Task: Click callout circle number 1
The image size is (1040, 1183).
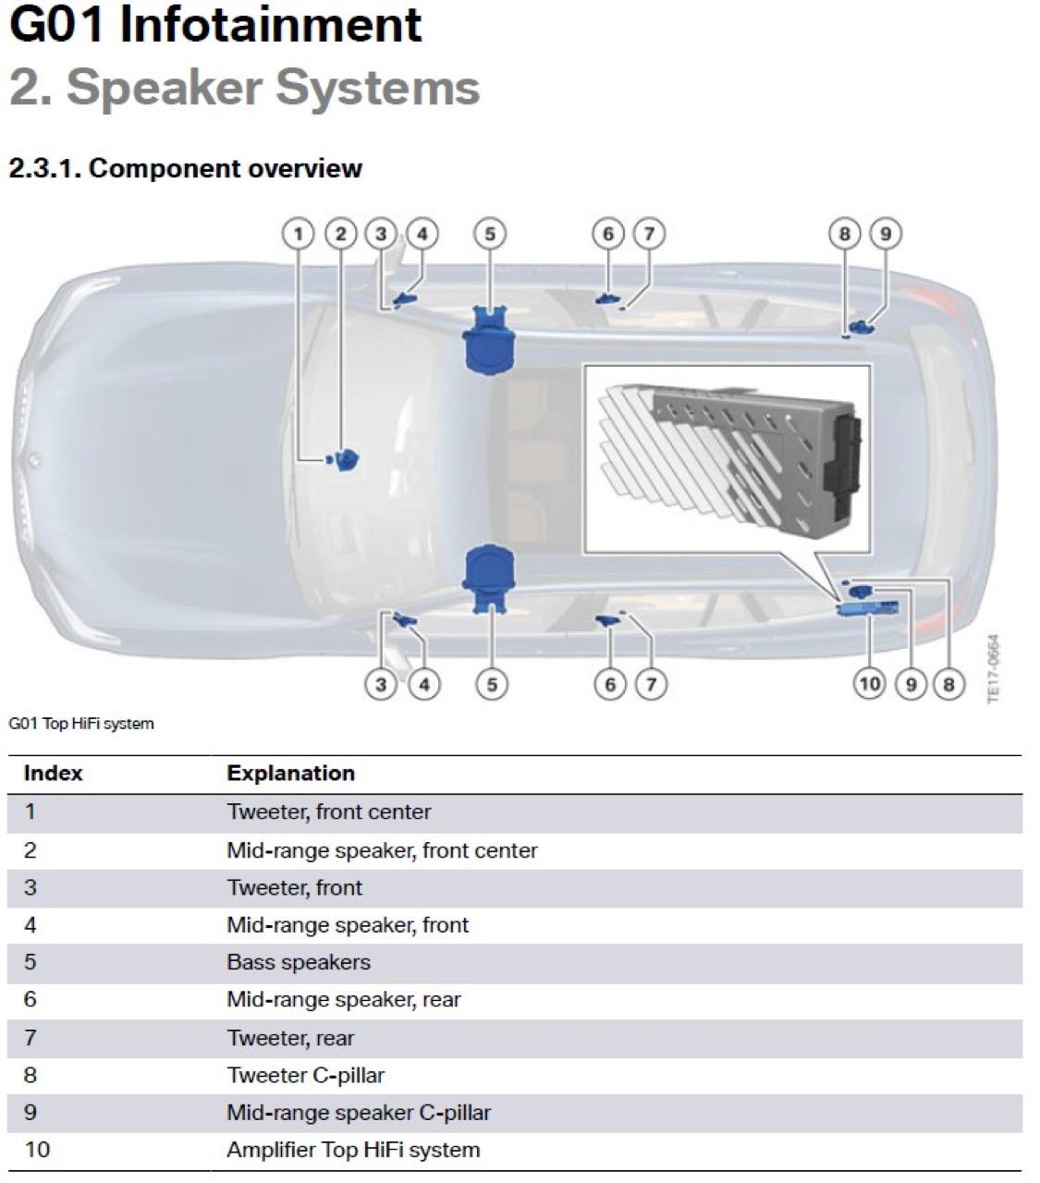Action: point(299,234)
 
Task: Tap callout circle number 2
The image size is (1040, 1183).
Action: point(340,234)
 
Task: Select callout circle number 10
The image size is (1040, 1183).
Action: point(870,683)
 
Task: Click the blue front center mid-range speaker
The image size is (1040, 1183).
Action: point(348,459)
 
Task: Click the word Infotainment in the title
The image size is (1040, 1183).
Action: point(270,25)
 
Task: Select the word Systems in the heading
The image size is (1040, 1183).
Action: point(377,88)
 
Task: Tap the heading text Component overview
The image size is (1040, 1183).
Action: point(226,169)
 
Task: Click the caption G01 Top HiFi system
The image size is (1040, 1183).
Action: point(81,724)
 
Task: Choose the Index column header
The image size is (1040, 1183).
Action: point(53,773)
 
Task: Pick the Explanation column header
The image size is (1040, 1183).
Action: point(291,773)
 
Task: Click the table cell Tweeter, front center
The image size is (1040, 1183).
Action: point(329,811)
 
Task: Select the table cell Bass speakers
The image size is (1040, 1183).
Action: point(299,962)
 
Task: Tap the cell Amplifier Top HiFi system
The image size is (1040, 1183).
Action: point(353,1151)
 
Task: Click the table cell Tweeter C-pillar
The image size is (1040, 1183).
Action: point(305,1075)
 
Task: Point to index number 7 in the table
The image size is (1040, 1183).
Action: point(31,1038)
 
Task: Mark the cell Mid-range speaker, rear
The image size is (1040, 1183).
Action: point(343,1000)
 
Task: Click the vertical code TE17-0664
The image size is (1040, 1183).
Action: point(993,669)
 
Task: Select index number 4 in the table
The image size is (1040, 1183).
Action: point(31,925)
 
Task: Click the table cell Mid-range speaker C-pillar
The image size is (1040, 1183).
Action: point(359,1113)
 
